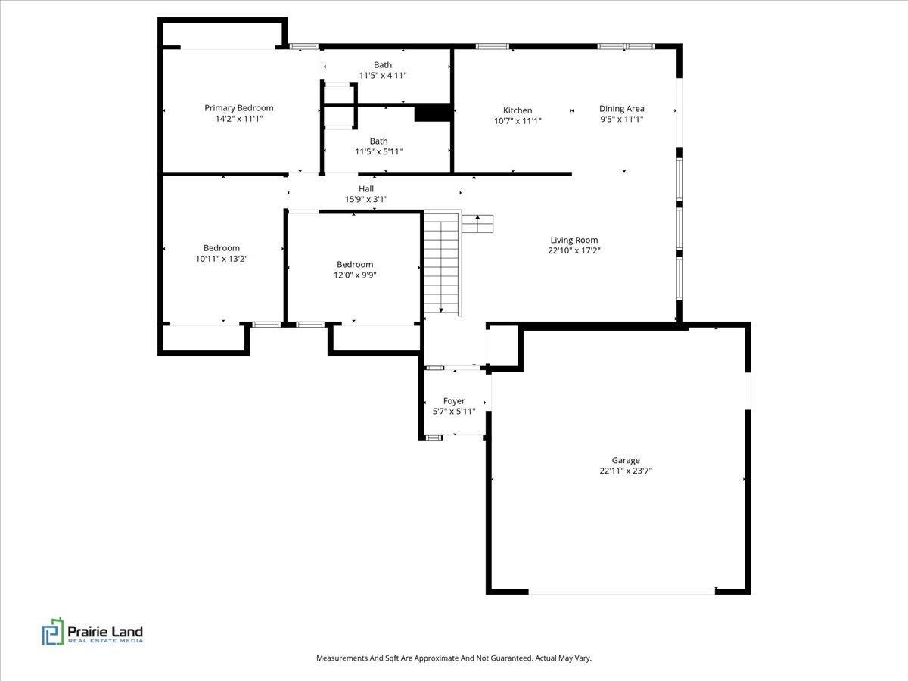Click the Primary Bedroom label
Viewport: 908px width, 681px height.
[238, 108]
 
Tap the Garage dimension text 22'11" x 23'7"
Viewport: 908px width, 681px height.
[626, 471]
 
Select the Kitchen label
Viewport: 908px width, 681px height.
[518, 110]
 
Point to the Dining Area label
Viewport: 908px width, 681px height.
[622, 109]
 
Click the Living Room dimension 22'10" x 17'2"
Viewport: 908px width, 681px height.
[574, 250]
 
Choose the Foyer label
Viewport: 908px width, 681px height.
[454, 401]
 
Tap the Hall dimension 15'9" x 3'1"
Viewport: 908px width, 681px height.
[366, 199]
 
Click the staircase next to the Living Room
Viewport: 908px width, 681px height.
[442, 263]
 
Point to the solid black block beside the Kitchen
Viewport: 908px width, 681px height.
[433, 113]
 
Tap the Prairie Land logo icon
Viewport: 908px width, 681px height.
[52, 631]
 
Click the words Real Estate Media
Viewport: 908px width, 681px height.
[105, 641]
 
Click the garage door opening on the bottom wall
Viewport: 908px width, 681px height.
[622, 592]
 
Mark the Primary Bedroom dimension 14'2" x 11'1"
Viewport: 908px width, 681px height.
[238, 119]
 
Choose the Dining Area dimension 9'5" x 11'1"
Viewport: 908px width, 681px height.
[622, 119]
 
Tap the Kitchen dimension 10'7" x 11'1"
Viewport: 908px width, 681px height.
[518, 121]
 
